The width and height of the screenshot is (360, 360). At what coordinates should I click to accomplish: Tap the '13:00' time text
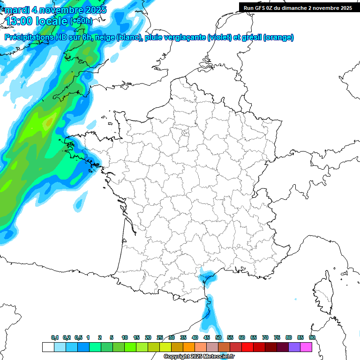pos(22,21)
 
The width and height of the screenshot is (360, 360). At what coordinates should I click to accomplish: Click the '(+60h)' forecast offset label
pos(81,21)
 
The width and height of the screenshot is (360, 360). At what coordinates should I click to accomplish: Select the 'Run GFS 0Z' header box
pos(298,7)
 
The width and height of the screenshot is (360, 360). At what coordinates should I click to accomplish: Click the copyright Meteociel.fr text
pos(199,357)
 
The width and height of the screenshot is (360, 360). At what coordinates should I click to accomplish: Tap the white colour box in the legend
pos(48,347)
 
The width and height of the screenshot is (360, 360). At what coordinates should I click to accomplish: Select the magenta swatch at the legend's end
pos(306,347)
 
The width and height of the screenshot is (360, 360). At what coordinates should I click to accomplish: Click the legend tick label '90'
pos(312,337)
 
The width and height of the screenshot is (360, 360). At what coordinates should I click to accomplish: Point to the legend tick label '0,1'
pos(55,337)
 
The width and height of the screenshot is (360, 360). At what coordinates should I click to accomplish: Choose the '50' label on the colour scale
pos(218,337)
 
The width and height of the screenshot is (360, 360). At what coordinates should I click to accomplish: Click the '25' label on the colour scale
pos(160,337)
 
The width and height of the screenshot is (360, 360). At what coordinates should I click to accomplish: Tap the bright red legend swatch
pos(247,347)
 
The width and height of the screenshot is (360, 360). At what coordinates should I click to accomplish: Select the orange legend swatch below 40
pos(189,347)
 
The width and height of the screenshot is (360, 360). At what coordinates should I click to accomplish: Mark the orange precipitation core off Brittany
pos(48,122)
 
